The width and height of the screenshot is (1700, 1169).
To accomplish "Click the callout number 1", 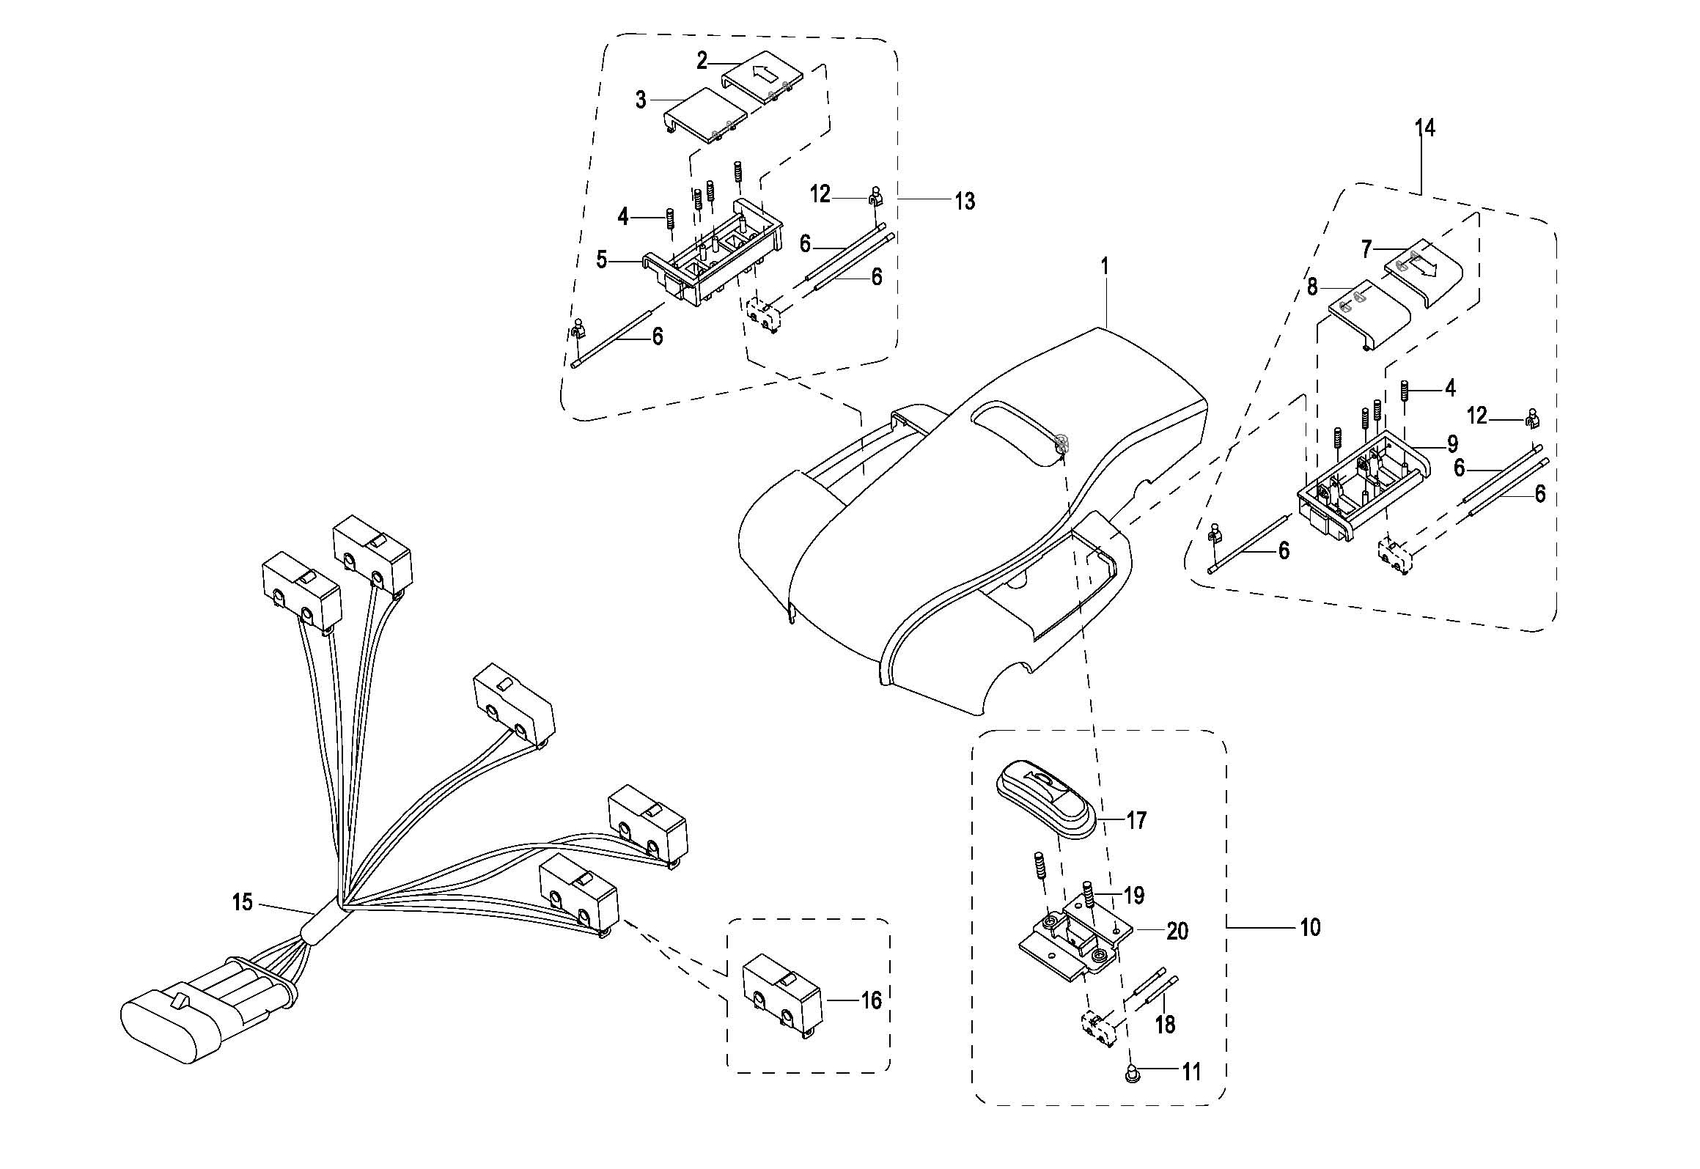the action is click(x=1105, y=265).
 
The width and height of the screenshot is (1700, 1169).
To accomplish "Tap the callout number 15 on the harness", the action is click(x=242, y=901).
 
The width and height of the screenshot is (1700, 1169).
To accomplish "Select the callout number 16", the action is click(x=870, y=1000).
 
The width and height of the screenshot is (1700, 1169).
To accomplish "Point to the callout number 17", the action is click(x=1136, y=820).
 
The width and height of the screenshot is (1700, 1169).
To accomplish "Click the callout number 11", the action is click(x=1191, y=1072).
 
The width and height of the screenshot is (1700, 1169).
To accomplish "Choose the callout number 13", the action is click(x=965, y=201).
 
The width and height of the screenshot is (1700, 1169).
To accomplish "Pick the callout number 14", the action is click(x=1424, y=128).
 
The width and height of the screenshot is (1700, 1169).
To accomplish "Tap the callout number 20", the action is click(x=1177, y=931).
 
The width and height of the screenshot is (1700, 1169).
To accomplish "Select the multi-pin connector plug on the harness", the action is click(x=207, y=1006).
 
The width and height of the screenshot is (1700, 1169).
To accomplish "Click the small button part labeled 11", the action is click(x=1130, y=1076).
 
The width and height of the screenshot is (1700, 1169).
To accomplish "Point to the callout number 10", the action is click(x=1309, y=928).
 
